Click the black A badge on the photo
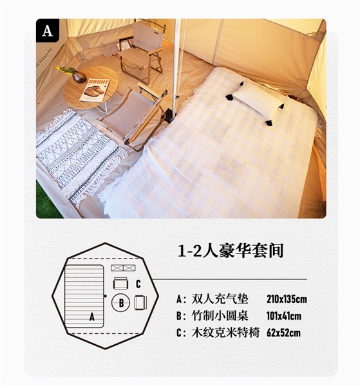pyautogui.click(x=48, y=30)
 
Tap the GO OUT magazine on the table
pyautogui.click(x=95, y=90)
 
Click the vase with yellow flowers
pyautogui.click(x=74, y=74)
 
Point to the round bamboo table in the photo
pyautogui.click(x=91, y=87)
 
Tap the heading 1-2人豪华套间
pyautogui.click(x=231, y=251)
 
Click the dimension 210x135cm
pyautogui.click(x=287, y=299)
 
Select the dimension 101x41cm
pyautogui.click(x=284, y=316)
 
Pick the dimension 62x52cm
pyautogui.click(x=283, y=333)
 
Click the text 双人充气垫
pyautogui.click(x=220, y=299)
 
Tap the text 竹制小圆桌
pyautogui.click(x=220, y=316)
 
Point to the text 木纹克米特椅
pyautogui.click(x=225, y=333)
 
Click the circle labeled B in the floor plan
pyautogui.click(x=120, y=303)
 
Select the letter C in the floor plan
pyautogui.click(x=138, y=284)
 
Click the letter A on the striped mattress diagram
pyautogui.click(x=92, y=317)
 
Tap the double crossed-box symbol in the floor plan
pyautogui.click(x=123, y=268)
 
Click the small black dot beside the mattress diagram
pyautogui.click(x=105, y=296)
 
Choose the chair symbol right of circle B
pyautogui.click(x=140, y=303)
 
